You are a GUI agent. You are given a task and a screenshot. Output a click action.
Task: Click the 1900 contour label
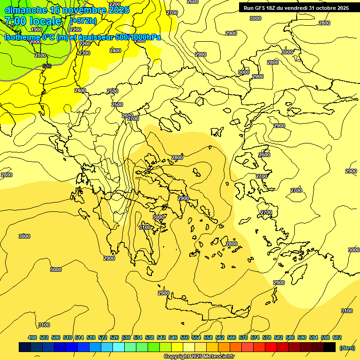pyautogui.click(x=36, y=30)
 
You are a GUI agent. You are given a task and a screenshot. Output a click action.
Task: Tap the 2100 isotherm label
pyautogui.click(x=40, y=55)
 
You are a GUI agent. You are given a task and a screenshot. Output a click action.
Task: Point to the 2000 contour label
pyautogui.click(x=35, y=42)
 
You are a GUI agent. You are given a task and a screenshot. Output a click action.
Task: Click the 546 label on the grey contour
pyautogui.click(x=47, y=66)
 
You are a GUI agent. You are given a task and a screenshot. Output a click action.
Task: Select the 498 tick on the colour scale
pyautogui.click(x=32, y=337)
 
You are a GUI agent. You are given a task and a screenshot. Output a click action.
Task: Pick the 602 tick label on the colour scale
pyautogui.click(x=337, y=337)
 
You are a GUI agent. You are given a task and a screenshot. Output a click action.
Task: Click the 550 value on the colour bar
pyautogui.click(x=185, y=337)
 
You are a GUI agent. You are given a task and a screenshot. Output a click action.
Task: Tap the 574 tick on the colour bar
pyautogui.click(x=255, y=337)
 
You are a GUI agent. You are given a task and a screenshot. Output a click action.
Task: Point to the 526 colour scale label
pyautogui.click(x=114, y=337)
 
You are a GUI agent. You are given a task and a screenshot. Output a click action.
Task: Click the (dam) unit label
pyautogui.click(x=346, y=348)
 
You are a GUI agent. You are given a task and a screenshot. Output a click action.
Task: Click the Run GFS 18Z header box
pyautogui.click(x=296, y=8)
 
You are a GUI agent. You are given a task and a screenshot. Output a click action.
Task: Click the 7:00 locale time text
pyautogui.click(x=33, y=21)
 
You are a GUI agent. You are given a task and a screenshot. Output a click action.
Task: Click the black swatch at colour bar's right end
pyautogui.click(x=329, y=347)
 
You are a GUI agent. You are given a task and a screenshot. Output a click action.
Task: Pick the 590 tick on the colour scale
pyautogui.click(x=302, y=337)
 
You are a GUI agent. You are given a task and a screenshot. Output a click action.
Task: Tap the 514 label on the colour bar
pyautogui.click(x=79, y=337)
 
